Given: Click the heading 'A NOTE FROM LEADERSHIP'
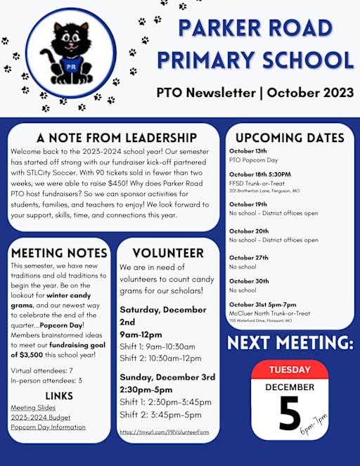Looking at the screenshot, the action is click(x=117, y=137).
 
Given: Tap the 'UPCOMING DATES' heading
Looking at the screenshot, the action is click(x=290, y=138).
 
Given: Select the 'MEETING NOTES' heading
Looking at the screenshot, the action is click(x=60, y=253).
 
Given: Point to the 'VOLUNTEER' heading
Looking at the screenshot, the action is click(x=168, y=253).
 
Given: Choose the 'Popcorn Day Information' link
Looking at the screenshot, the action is click(x=48, y=427).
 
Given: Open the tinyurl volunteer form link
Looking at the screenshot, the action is click(x=164, y=432).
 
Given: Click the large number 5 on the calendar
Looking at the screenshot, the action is click(x=288, y=415).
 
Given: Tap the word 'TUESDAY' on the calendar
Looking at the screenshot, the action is click(x=290, y=370).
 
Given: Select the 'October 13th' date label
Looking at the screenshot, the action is click(x=248, y=151).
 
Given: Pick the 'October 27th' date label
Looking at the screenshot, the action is click(x=249, y=258).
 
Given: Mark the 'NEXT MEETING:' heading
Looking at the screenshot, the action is click(x=290, y=343).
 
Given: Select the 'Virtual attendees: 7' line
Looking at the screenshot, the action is click(x=41, y=370).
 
